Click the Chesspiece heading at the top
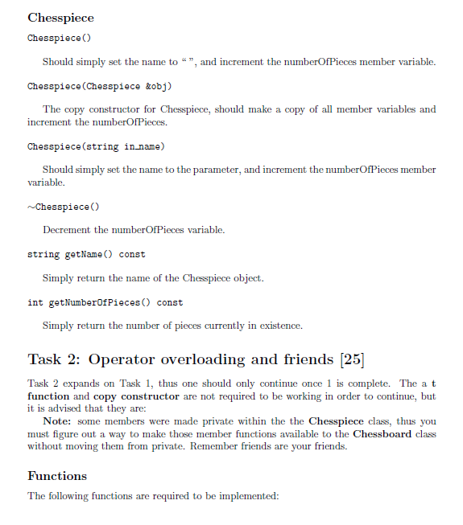tap(60, 18)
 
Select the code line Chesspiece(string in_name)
tap(96, 146)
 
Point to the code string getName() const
tap(86, 254)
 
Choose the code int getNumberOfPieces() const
tap(105, 302)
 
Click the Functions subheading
tap(57, 475)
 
